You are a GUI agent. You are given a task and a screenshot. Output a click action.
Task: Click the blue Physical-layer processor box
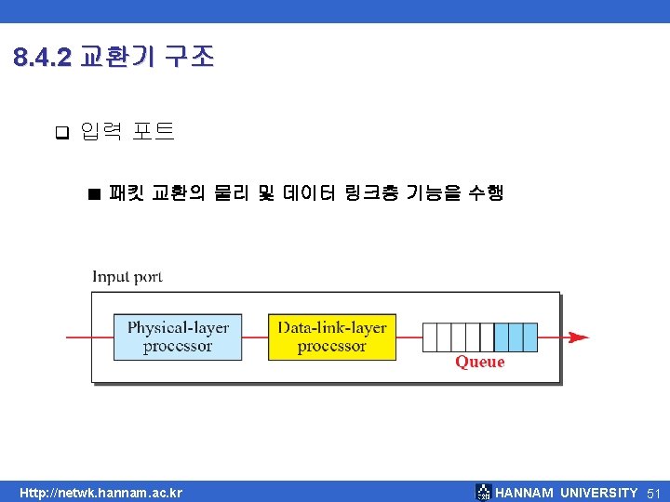click(x=178, y=337)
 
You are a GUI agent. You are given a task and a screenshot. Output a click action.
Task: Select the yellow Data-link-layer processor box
click(x=331, y=337)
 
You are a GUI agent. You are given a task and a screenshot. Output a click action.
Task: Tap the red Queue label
click(x=479, y=362)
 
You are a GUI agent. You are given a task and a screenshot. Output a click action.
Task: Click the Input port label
click(x=127, y=276)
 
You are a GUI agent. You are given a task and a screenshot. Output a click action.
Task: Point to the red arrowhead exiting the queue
click(x=578, y=337)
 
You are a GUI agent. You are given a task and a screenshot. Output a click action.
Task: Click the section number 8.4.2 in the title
click(x=43, y=59)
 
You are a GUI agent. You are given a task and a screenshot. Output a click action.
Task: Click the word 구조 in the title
click(x=189, y=59)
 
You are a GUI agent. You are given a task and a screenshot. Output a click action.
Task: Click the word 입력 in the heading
click(x=101, y=132)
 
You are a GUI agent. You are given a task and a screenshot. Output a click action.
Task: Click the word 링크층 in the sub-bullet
click(x=372, y=193)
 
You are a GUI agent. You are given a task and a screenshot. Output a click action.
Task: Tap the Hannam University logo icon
click(x=483, y=492)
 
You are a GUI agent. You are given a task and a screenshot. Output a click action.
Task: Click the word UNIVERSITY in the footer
click(x=599, y=493)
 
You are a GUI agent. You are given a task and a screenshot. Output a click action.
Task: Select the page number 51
click(x=653, y=493)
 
